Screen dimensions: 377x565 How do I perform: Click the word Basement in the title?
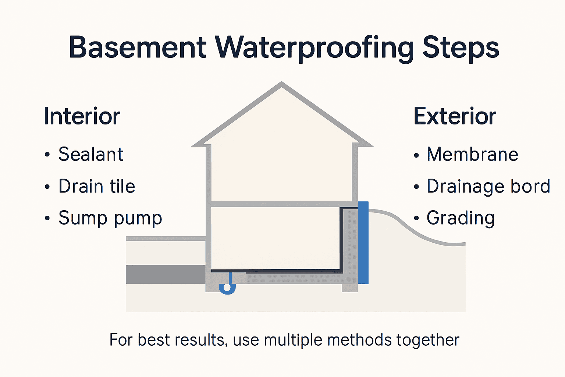[137, 47]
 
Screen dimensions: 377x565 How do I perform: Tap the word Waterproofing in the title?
[315, 48]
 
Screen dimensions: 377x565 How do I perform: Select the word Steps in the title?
[461, 48]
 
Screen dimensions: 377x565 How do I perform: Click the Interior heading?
[82, 116]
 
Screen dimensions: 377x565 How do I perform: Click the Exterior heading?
[455, 116]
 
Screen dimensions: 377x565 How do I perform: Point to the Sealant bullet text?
[90, 154]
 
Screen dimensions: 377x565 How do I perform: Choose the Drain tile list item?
[97, 186]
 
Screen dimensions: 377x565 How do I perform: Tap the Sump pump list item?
[110, 218]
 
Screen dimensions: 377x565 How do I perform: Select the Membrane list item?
[472, 154]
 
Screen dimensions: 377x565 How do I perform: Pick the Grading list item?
[461, 218]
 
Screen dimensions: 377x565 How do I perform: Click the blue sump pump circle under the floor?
[227, 287]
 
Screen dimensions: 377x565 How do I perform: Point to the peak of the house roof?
[282, 84]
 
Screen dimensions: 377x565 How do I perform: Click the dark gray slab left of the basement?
[166, 274]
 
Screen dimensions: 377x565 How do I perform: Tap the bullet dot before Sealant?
[47, 155]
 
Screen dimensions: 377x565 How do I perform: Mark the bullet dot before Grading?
[416, 218]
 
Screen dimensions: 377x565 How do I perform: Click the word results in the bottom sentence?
[199, 340]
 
